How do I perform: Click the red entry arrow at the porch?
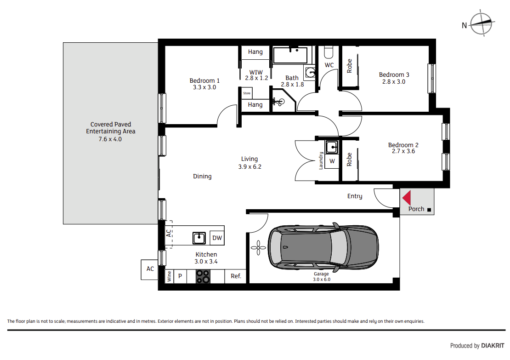407,198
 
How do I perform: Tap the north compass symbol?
481,23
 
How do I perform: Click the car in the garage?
323,246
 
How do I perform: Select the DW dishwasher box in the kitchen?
217,238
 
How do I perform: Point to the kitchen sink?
199,238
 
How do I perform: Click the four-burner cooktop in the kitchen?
203,276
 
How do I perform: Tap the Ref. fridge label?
236,276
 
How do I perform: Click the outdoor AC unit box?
150,269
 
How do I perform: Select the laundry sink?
331,147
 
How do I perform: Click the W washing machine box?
332,161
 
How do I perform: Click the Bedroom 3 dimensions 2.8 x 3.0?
394,82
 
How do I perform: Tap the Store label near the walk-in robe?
247,93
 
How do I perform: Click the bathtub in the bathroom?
290,55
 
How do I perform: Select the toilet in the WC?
329,51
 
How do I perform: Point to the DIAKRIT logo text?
493,346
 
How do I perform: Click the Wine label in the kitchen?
169,276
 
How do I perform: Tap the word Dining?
202,177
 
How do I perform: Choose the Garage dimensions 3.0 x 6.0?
322,280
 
